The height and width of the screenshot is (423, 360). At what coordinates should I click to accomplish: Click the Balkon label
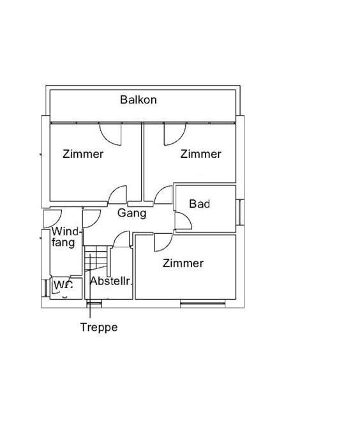click(139, 100)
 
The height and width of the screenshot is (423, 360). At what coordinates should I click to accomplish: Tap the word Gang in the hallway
click(131, 213)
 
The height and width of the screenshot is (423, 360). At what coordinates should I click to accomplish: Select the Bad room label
click(199, 204)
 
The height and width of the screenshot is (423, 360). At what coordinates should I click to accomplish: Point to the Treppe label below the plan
click(99, 327)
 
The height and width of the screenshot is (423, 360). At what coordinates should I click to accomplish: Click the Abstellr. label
click(110, 281)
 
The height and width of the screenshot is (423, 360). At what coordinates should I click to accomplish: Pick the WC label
click(63, 285)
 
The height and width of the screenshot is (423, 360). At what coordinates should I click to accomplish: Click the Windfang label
click(65, 237)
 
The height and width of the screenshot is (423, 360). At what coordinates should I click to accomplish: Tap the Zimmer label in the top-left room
click(83, 154)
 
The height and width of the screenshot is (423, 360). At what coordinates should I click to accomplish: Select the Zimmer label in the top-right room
click(201, 154)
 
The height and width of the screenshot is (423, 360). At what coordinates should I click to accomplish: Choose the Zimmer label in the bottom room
click(183, 263)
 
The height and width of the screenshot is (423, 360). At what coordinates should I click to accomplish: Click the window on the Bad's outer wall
click(240, 212)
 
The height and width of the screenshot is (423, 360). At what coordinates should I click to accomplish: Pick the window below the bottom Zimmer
click(202, 304)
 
